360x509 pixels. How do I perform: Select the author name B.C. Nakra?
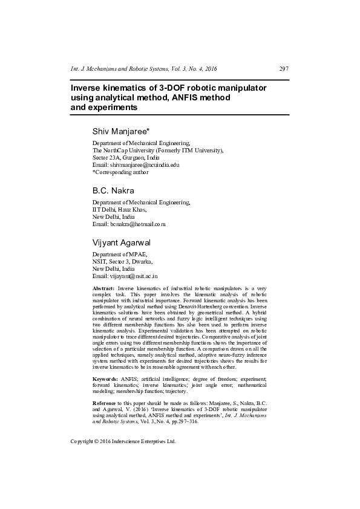113,190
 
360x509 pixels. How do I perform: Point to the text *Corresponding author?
120,172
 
